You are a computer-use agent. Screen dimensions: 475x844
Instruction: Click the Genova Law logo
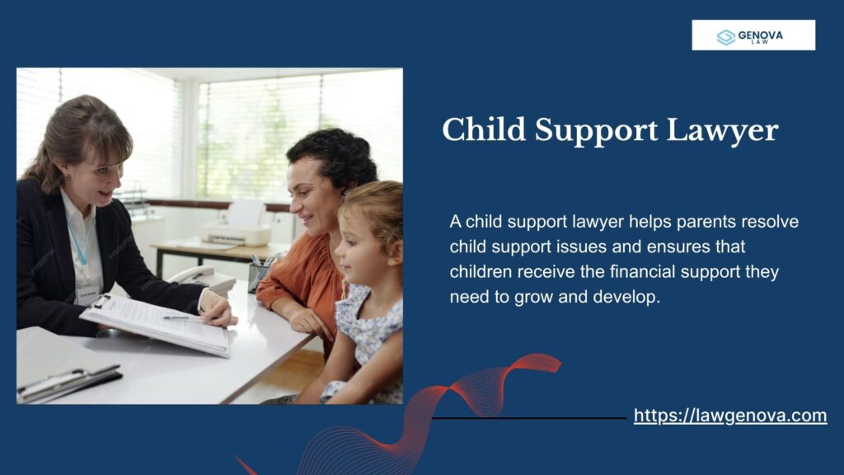[753, 35]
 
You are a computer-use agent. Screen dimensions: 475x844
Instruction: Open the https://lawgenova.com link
[729, 416]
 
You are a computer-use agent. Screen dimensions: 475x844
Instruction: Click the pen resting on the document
[177, 317]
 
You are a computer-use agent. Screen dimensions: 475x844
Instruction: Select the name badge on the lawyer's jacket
[86, 289]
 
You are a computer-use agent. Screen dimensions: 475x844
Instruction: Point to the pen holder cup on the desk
[258, 276]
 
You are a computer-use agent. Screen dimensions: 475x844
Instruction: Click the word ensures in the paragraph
[609, 247]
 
